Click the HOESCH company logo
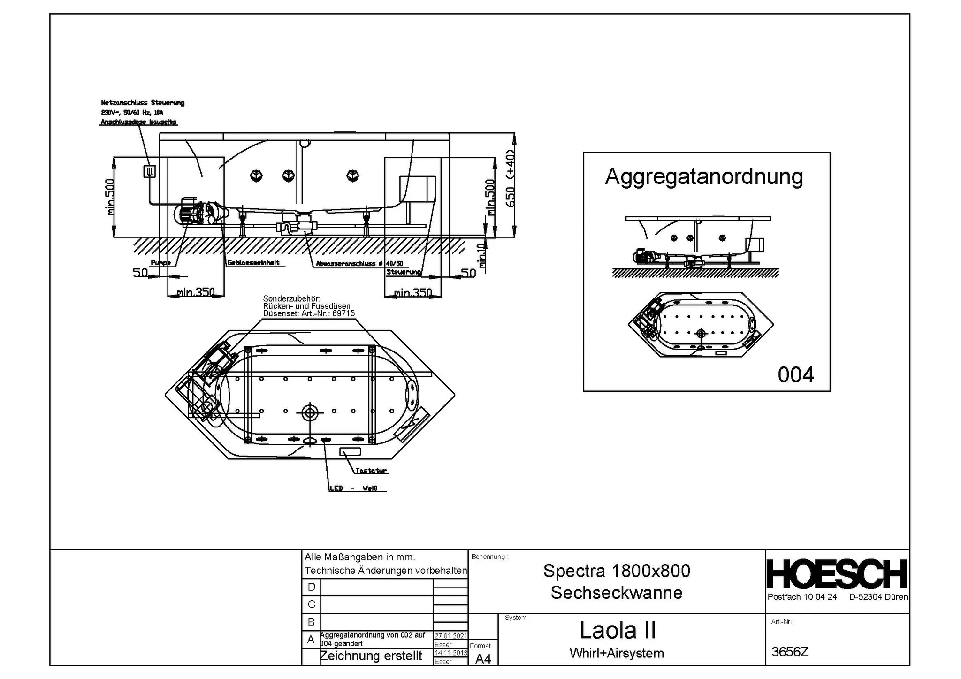837,574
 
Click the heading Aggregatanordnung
704,177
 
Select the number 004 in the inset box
796,375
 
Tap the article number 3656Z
790,652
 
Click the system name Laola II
617,630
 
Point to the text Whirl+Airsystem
617,653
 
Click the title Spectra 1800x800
617,571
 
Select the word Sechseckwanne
617,593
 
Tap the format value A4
483,659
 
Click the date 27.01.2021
450,636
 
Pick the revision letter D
311,587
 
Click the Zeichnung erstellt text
371,656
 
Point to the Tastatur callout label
371,471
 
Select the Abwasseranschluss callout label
359,264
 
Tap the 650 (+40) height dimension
511,178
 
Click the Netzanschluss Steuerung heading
143,103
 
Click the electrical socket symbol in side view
149,172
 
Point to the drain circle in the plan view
309,412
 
